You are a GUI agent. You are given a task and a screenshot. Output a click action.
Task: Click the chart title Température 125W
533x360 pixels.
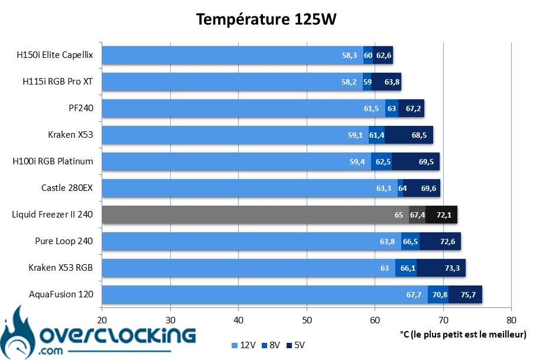(x=266, y=20)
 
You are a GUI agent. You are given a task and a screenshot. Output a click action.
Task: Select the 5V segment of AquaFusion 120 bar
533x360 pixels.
(x=465, y=294)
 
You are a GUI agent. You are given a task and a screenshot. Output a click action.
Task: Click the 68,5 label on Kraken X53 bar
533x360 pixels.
(x=420, y=135)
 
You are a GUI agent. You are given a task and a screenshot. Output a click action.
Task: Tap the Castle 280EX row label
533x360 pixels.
(x=67, y=188)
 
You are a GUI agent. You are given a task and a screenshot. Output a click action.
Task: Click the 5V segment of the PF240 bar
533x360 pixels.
(x=411, y=108)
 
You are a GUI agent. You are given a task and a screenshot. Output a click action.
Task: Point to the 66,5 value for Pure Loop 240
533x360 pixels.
(x=410, y=241)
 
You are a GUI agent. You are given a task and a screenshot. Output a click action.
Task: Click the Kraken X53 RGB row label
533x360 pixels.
(x=61, y=267)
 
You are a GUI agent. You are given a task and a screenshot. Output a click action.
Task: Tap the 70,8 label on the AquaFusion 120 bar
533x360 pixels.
(x=440, y=294)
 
